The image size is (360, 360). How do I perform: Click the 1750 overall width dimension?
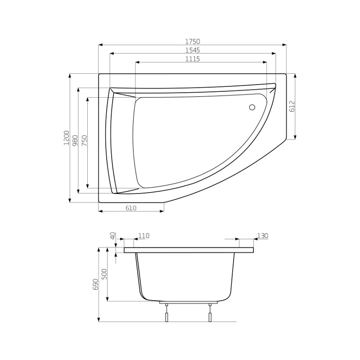click(193, 41)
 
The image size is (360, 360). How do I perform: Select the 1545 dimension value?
click(193, 50)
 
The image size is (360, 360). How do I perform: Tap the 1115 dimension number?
click(193, 59)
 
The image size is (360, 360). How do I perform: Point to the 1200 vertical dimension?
click(66, 138)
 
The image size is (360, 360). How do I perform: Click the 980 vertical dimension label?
click(75, 140)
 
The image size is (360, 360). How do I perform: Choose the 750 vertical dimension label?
click(84, 141)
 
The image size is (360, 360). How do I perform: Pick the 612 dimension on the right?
click(292, 106)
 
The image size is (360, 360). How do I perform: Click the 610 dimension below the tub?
click(131, 208)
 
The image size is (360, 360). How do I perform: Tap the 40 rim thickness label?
click(112, 236)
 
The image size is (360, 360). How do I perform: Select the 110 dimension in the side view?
click(144, 236)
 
